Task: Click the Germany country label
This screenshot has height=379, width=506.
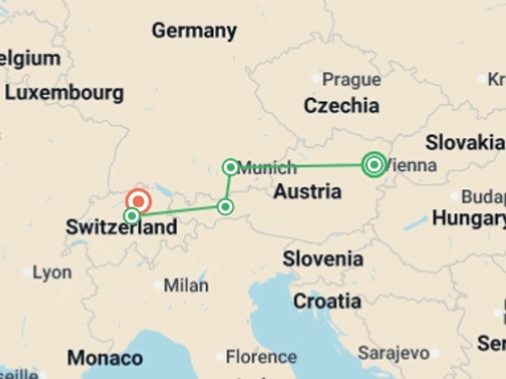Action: coord(194,31)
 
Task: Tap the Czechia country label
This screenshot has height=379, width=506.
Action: coord(342,106)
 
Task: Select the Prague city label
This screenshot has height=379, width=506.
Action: coord(352,79)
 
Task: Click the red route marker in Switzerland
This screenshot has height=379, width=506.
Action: coord(139,201)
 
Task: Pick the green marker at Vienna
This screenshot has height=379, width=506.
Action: coord(374,165)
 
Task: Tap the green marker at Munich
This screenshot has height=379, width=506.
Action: coord(231,167)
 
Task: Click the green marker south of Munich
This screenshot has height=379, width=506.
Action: coord(225,207)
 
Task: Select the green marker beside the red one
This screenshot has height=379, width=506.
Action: coord(132,216)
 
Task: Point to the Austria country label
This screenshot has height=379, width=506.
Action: coord(307,191)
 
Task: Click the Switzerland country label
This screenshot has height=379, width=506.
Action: coord(121,227)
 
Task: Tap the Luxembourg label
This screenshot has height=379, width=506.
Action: coord(64,93)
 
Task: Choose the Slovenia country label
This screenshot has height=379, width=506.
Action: coord(323,259)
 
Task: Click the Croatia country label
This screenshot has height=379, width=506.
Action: coord(327,301)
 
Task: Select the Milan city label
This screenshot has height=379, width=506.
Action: coord(186,285)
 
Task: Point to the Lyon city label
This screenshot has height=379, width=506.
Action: coord(52,272)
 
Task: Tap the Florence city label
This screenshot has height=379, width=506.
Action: coord(261,357)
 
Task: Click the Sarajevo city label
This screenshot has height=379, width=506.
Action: coord(394,353)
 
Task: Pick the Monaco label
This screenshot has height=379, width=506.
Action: coord(105,358)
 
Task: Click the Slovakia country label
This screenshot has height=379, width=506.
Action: coord(465,143)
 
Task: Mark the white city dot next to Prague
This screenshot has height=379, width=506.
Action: coord(315,78)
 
